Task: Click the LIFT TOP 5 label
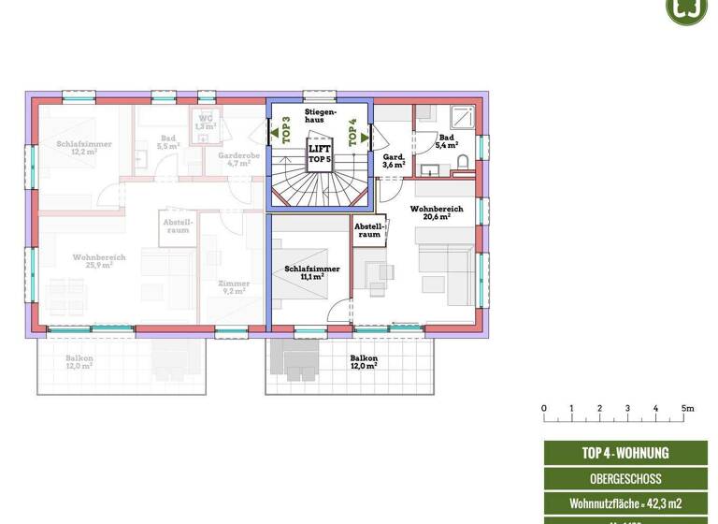point(321,153)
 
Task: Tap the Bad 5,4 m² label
point(446,141)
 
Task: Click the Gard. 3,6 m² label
point(394,161)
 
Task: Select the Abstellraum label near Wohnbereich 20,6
point(369,230)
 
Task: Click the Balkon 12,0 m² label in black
point(364,362)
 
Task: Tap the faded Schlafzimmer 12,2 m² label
point(83,147)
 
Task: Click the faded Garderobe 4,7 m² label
point(233,159)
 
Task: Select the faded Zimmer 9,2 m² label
point(233,287)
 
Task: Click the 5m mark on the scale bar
point(687,408)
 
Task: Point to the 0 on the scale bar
point(543,408)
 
